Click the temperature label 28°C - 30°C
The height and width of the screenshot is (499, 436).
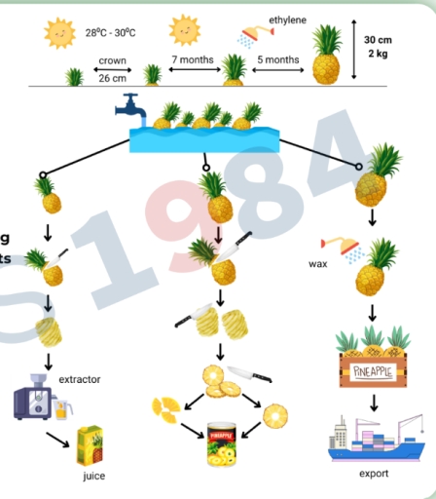click(x=110, y=33)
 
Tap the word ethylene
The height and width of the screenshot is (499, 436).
click(x=286, y=19)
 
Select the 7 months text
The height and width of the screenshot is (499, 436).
click(x=193, y=59)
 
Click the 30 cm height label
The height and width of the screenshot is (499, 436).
click(x=379, y=40)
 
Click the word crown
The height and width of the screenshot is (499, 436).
click(x=112, y=60)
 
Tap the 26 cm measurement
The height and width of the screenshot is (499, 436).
click(x=112, y=77)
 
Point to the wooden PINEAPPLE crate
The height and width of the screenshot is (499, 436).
click(x=374, y=370)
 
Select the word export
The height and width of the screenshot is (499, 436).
click(x=373, y=474)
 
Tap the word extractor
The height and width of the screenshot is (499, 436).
click(x=79, y=378)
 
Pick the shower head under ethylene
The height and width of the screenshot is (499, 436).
click(x=250, y=37)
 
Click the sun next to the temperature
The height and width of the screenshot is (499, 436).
click(x=60, y=34)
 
